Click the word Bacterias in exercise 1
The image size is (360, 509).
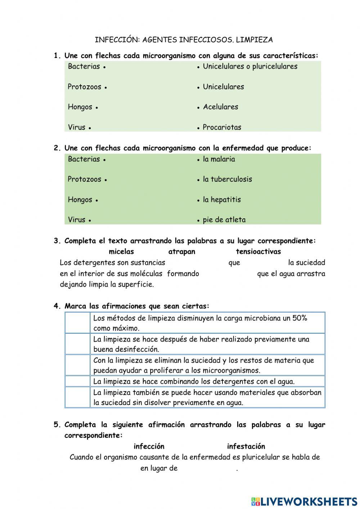click(x=84, y=66)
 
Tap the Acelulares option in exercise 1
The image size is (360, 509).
click(x=220, y=107)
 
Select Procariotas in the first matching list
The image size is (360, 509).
click(x=222, y=127)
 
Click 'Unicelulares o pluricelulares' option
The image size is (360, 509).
click(x=250, y=66)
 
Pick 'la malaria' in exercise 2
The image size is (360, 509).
click(x=219, y=159)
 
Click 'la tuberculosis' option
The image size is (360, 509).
click(x=227, y=179)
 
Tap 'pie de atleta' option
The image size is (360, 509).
click(x=224, y=220)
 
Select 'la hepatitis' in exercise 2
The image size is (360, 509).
click(x=222, y=200)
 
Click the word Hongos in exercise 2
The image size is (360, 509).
click(x=80, y=200)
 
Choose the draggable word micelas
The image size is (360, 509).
click(x=121, y=252)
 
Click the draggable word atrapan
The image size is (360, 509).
click(x=182, y=252)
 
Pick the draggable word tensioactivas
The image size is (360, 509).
click(x=258, y=252)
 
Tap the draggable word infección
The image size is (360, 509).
click(x=149, y=447)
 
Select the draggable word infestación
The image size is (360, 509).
click(x=246, y=447)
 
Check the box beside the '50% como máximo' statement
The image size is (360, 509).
click(x=77, y=323)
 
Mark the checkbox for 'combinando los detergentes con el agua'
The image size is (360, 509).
click(x=77, y=381)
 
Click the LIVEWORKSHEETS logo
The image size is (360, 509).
click(x=304, y=501)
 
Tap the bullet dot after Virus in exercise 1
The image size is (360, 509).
click(x=89, y=128)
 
